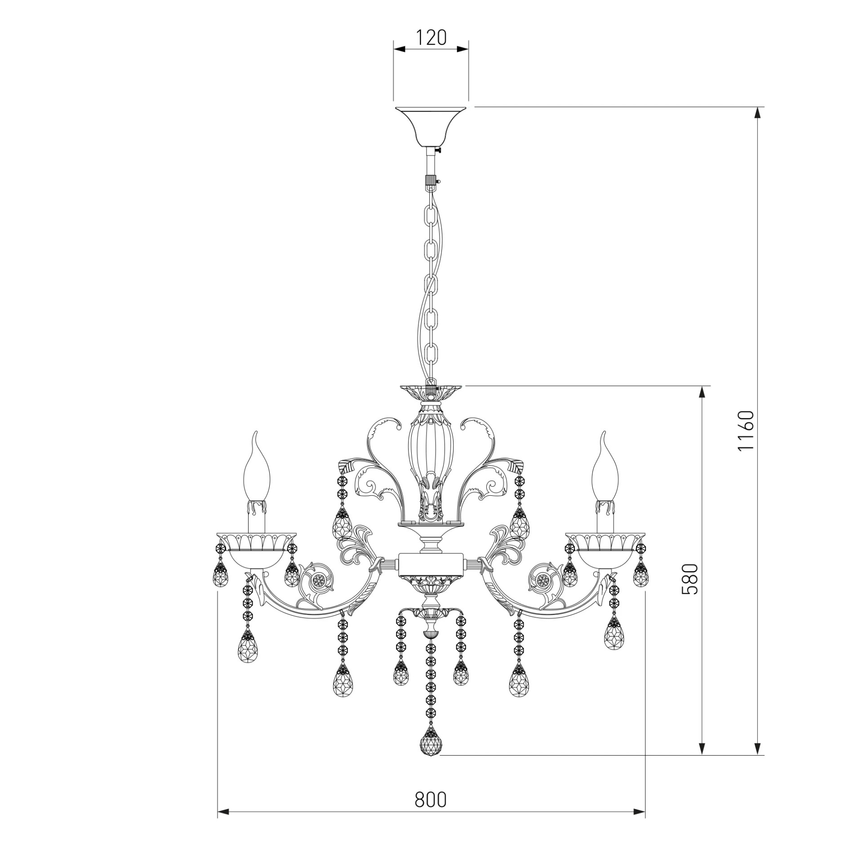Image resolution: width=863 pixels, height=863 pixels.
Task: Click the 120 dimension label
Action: click(x=431, y=38)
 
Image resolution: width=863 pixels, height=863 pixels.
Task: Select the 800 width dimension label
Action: click(x=431, y=800)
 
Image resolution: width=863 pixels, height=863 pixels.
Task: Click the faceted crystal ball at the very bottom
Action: click(x=431, y=743)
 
